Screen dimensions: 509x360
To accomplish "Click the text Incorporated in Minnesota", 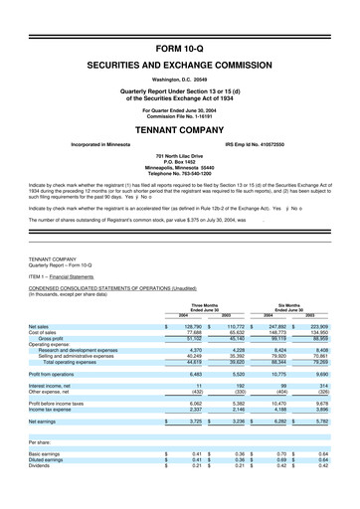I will [x=104, y=144].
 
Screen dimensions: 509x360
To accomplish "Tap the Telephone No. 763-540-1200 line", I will [x=179, y=174].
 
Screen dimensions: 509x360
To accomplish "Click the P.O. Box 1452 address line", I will [x=179, y=162].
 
